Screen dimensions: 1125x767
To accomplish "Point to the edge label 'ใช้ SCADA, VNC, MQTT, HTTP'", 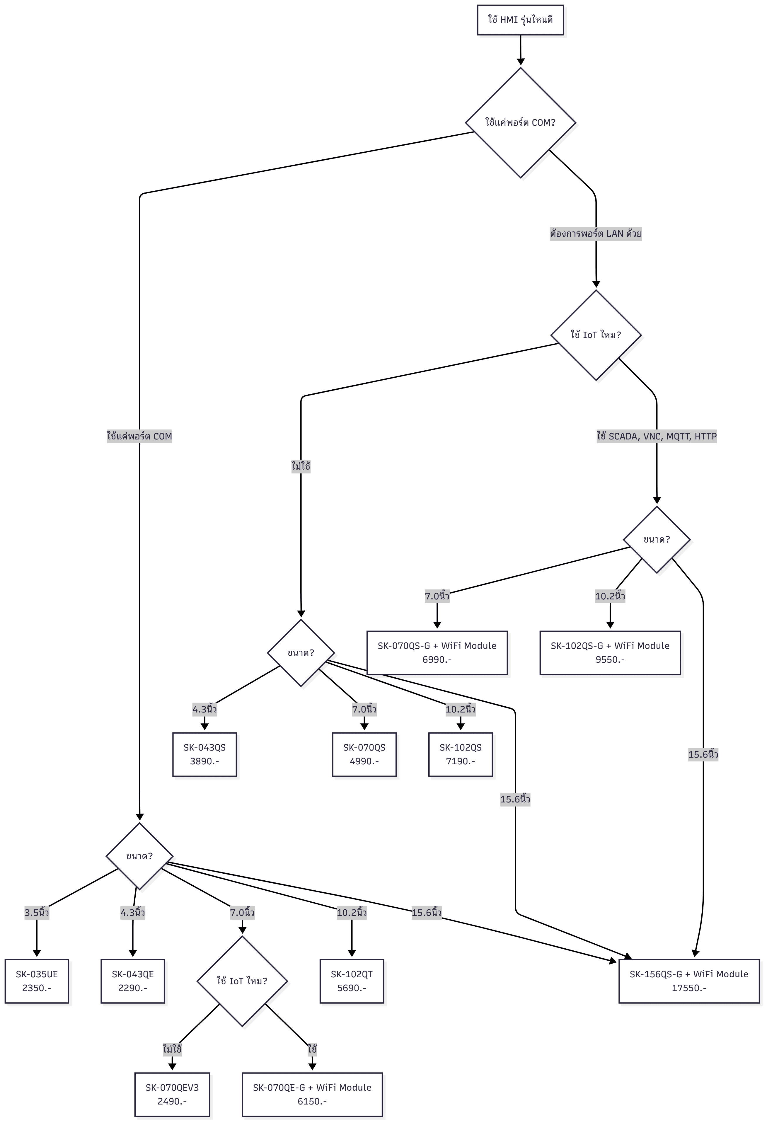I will (x=656, y=436).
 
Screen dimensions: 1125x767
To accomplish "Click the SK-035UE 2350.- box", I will (x=37, y=981).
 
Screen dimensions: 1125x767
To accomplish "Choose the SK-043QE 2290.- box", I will (x=133, y=981).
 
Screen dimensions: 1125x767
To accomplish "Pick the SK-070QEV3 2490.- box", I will (x=172, y=1094).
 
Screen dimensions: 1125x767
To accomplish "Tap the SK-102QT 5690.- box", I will (x=352, y=981).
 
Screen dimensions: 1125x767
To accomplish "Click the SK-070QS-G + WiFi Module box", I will (x=437, y=652).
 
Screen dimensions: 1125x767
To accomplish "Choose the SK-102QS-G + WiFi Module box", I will (x=610, y=652).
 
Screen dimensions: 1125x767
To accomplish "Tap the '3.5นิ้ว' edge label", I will (x=37, y=913).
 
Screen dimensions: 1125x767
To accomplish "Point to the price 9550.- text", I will (x=610, y=660).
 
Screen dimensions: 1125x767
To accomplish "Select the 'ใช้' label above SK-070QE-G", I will (x=312, y=1049).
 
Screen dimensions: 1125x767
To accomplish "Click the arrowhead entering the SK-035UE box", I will (x=37, y=954).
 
